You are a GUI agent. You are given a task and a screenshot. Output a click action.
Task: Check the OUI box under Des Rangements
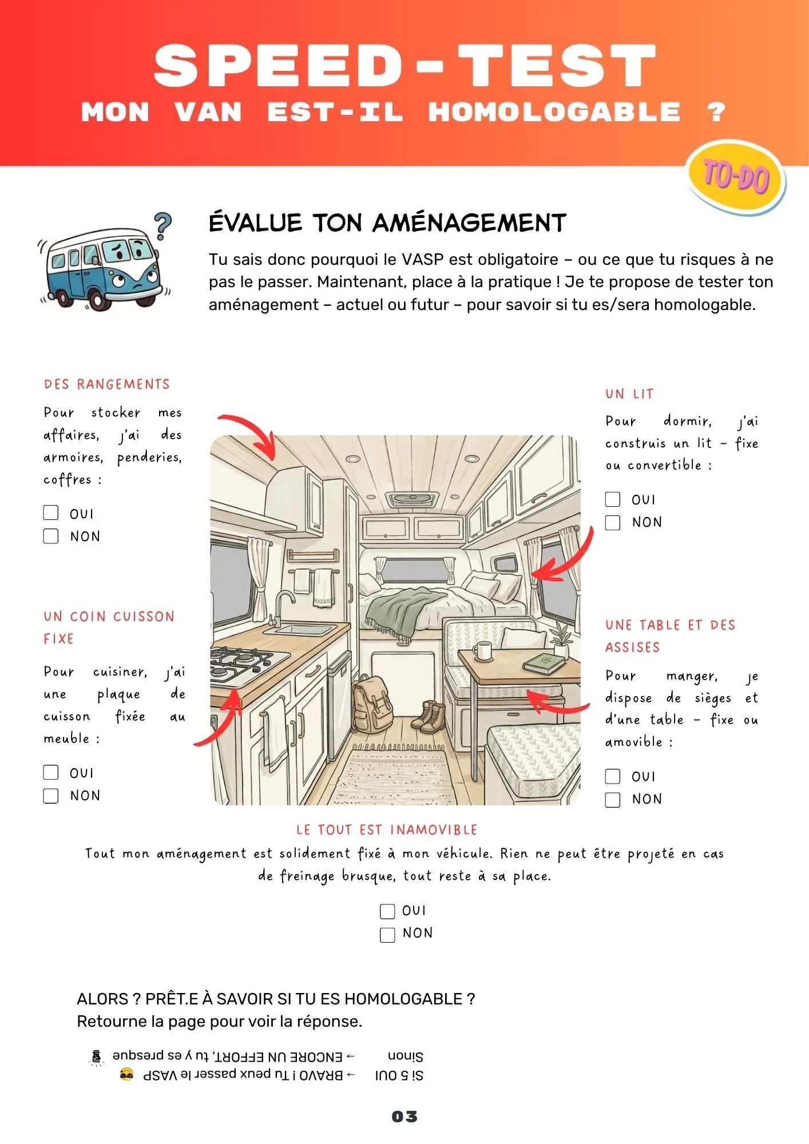[x=51, y=513]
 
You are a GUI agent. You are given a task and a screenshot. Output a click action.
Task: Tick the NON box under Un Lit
[x=613, y=522]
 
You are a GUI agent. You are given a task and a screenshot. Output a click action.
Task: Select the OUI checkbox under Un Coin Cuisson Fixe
[x=51, y=772]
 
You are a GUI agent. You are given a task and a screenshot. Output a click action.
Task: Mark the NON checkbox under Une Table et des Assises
[x=613, y=799]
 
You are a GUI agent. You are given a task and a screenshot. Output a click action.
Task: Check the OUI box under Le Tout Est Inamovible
[x=387, y=911]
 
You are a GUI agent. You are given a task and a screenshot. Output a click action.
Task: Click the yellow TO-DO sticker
[x=736, y=177]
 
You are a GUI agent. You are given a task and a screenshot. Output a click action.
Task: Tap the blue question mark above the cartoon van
[x=163, y=225]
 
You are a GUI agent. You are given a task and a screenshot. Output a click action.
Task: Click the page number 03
[x=405, y=1116]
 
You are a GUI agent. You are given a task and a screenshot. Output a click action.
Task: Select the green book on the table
[x=544, y=664]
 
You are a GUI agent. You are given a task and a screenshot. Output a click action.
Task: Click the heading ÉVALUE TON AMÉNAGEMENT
[x=387, y=223]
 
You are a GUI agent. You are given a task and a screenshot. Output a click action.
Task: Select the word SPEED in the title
[x=279, y=67]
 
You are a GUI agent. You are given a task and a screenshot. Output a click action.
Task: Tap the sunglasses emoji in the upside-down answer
[x=127, y=1074]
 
